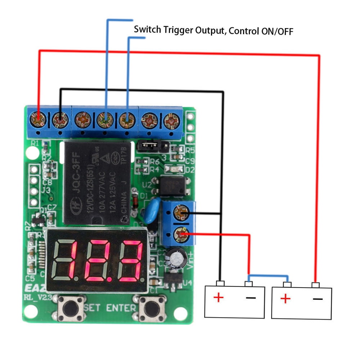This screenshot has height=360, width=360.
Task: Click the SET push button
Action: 72,309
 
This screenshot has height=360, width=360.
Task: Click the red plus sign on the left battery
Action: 218,297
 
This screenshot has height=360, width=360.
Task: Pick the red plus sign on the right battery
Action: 285,298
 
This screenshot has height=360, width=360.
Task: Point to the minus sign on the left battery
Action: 251,297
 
